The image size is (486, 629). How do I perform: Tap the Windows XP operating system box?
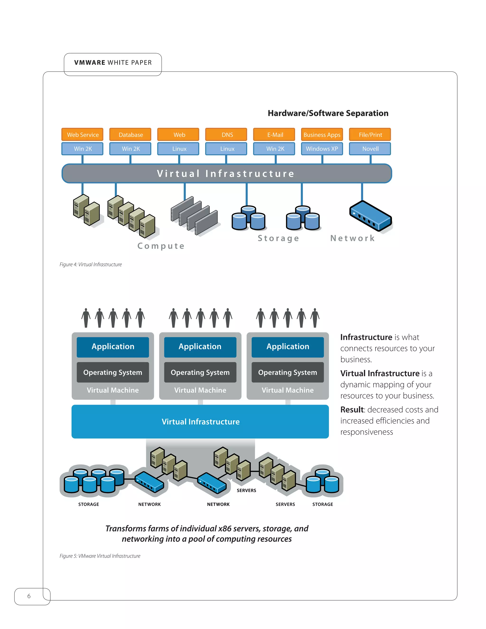pyautogui.click(x=322, y=149)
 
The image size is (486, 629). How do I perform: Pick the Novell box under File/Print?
pyautogui.click(x=370, y=149)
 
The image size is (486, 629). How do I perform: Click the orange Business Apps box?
pyautogui.click(x=322, y=135)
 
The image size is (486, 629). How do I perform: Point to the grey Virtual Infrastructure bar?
pyautogui.click(x=227, y=173)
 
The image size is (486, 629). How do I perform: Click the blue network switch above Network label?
pyautogui.click(x=370, y=216)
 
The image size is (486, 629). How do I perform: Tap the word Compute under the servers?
pyautogui.click(x=161, y=246)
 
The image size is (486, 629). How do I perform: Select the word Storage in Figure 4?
pyautogui.click(x=278, y=238)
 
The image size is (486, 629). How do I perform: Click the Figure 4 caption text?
pyautogui.click(x=90, y=264)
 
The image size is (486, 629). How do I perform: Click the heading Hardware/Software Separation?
pyautogui.click(x=328, y=113)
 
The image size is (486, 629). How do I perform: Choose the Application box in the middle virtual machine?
pyautogui.click(x=200, y=347)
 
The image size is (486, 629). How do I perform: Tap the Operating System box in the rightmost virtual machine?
pyautogui.click(x=287, y=372)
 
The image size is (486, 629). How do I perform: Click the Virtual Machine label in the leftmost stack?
pyautogui.click(x=112, y=390)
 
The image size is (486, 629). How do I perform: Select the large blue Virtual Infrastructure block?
pyautogui.click(x=200, y=421)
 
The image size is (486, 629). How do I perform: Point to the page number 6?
pyautogui.click(x=29, y=596)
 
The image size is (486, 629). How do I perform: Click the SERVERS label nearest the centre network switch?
pyautogui.click(x=246, y=490)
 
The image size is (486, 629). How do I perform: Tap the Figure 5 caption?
pyautogui.click(x=100, y=556)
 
